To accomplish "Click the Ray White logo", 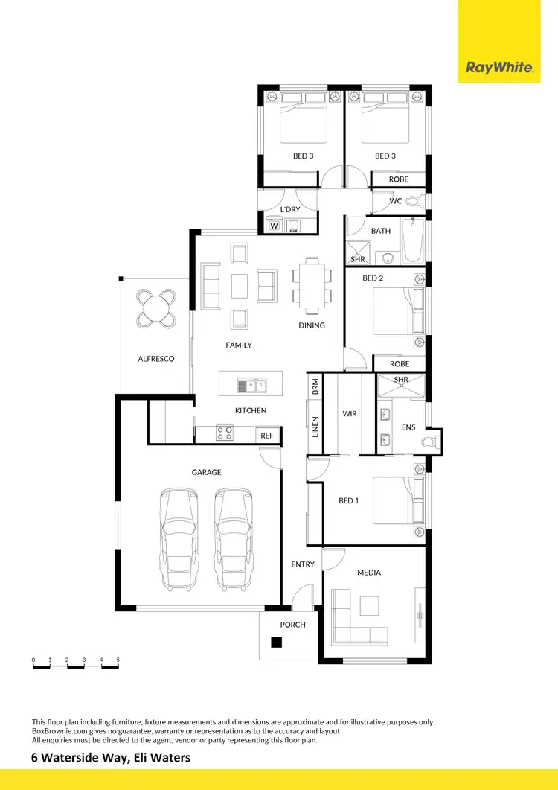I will pos(499,68).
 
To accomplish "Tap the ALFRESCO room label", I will pos(156,359).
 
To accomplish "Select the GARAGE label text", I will pos(206,472).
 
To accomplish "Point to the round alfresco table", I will pos(157,308).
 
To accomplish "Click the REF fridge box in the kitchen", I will pos(267,436).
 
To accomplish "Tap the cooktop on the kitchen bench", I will pos(224,433).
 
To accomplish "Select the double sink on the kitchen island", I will pos(252,385).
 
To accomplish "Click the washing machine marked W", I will pos(273,226).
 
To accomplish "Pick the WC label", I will pos(396,202).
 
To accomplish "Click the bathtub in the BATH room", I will pos(412,241).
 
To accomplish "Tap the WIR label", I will pos(350,412).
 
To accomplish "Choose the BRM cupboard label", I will pos(315,386).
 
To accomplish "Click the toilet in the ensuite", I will pos(429,442).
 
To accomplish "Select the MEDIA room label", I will pos(369,573).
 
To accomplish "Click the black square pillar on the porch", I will pos(276,643).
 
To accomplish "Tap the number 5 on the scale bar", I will pos(118,660).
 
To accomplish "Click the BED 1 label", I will pos(349,500).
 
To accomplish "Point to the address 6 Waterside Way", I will pos(111,758).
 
